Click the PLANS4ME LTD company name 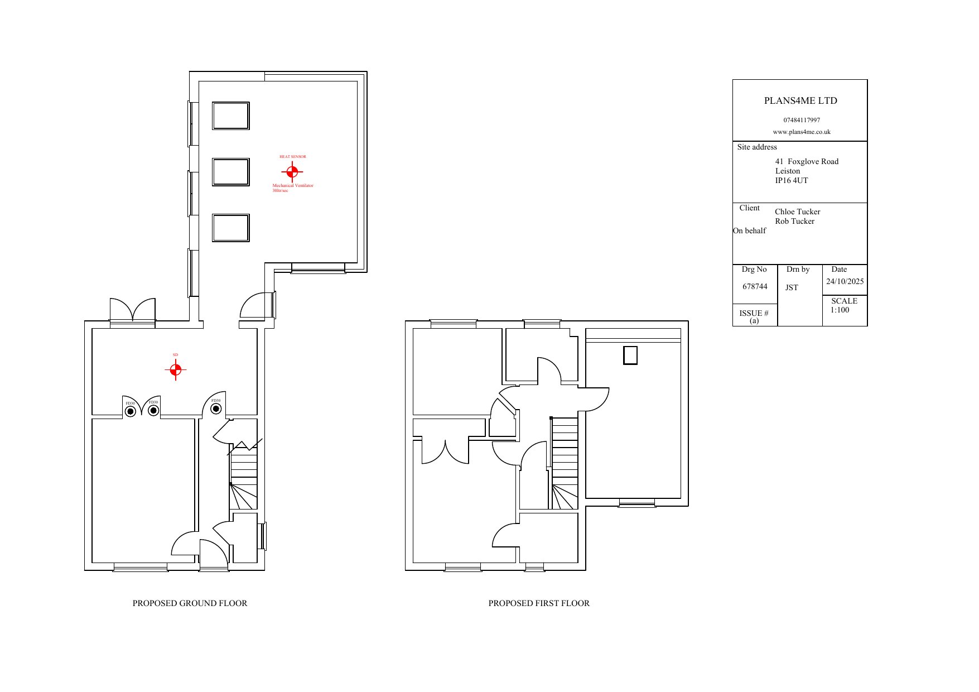pyautogui.click(x=800, y=101)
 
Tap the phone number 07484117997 pyautogui.click(x=802, y=120)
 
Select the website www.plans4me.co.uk pyautogui.click(x=802, y=132)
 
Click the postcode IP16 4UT pyautogui.click(x=791, y=181)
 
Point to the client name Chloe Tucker pyautogui.click(x=797, y=212)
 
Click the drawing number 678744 pyautogui.click(x=755, y=287)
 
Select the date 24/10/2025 pyautogui.click(x=845, y=282)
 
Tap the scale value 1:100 pyautogui.click(x=840, y=310)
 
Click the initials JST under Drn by pyautogui.click(x=792, y=288)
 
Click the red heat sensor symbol pyautogui.click(x=292, y=171)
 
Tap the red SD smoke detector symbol pyautogui.click(x=175, y=369)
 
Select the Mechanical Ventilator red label pyautogui.click(x=292, y=186)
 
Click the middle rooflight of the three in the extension pyautogui.click(x=230, y=172)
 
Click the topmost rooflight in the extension pyautogui.click(x=230, y=116)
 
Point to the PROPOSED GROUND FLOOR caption pyautogui.click(x=190, y=603)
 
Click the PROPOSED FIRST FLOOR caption pyautogui.click(x=539, y=603)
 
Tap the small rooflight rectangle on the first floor pyautogui.click(x=630, y=355)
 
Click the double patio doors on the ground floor pyautogui.click(x=132, y=310)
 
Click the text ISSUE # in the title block pyautogui.click(x=754, y=314)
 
